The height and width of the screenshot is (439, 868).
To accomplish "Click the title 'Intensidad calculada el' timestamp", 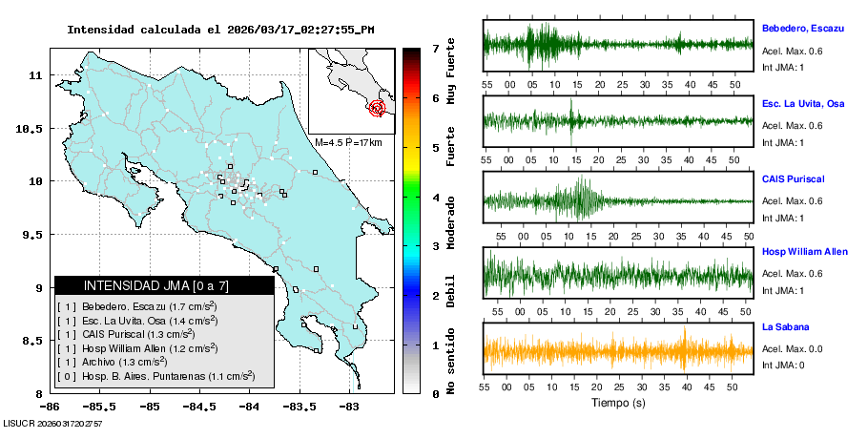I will coord(220,29).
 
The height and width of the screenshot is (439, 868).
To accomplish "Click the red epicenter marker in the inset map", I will coord(378,108).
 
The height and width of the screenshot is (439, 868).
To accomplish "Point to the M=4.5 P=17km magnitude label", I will coord(348,142).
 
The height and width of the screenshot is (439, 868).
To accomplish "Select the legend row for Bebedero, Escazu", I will coord(137,306).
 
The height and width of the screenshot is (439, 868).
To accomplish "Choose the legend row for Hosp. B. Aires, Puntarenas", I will coord(155,376).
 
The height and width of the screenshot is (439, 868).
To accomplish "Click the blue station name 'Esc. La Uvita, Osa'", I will coord(802,103).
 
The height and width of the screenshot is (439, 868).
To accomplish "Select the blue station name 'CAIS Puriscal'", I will coord(793,178).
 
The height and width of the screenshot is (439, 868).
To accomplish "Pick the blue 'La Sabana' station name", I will coord(784,326).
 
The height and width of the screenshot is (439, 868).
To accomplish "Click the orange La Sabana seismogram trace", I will coord(618,350).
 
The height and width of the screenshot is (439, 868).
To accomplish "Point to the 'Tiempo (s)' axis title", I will coord(617,404).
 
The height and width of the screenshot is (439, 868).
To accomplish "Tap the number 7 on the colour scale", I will coord(435,48).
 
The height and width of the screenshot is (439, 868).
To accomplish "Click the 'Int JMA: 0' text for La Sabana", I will coord(783,365).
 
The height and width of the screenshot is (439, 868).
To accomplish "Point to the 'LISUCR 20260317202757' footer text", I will coord(53,423).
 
